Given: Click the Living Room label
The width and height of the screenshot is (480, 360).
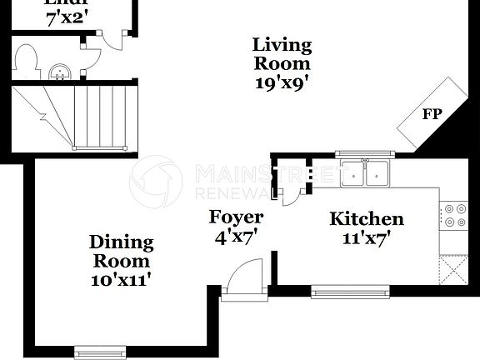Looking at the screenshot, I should coord(282,53).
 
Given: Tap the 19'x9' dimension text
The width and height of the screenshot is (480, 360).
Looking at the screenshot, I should coord(282,82).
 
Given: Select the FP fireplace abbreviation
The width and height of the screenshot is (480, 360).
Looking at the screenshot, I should coord(432,113).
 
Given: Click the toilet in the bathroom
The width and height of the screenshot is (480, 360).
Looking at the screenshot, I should coord(26,60).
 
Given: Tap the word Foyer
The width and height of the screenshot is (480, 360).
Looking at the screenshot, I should coord(236,217).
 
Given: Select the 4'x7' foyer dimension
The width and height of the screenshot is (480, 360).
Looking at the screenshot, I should coord(236,237).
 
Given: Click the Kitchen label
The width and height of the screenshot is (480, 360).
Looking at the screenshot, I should coord(367,219).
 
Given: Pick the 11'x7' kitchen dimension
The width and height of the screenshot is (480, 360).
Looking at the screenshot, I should coord(367,237).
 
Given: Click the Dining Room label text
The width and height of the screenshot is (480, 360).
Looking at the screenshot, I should coord(122,252).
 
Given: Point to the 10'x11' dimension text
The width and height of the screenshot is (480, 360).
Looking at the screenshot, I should coord(122,280).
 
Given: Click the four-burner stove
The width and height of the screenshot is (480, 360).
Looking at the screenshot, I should coord(454,215).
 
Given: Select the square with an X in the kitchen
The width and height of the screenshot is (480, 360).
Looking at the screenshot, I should coord(455,268).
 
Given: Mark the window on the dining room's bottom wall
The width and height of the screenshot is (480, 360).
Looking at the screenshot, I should coord(100,349).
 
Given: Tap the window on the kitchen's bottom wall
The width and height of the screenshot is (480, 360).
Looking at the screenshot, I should coord(350,291).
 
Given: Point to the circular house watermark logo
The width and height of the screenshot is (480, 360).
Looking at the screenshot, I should coord(156,181).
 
